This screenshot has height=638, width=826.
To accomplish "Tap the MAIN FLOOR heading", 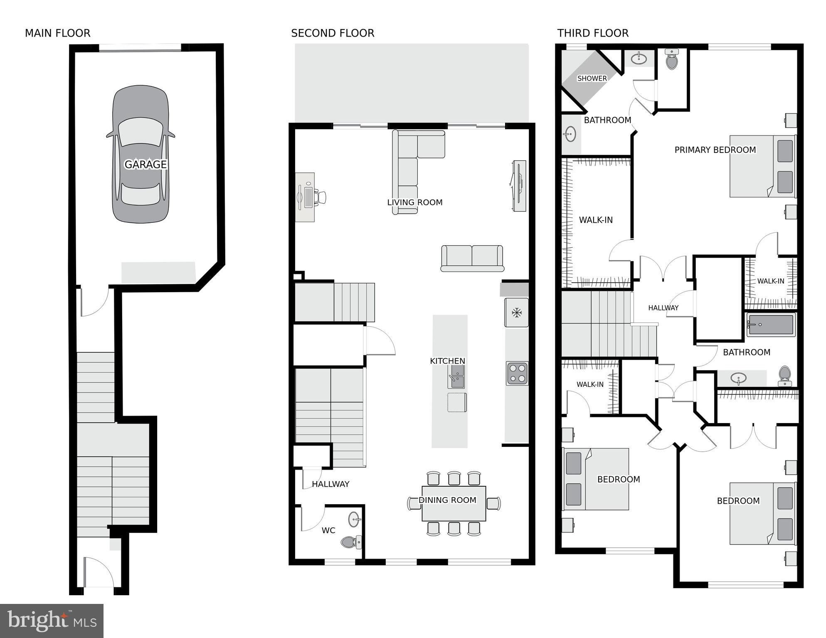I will tap(57, 33).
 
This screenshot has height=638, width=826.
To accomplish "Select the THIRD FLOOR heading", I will tap(592, 33).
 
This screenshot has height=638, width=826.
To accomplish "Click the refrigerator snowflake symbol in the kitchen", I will tap(516, 313).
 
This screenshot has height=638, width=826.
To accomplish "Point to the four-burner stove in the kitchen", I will tap(517, 373).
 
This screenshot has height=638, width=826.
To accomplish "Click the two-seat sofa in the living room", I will tap(472, 258).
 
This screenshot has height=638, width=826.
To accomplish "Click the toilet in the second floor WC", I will tap(350, 542).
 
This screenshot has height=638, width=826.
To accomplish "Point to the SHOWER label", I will tap(592, 78).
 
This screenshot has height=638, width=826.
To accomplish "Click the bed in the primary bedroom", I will tap(762, 166).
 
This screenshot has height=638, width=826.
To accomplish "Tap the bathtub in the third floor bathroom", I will tap(770, 325).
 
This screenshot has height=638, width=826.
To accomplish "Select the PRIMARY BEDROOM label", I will tap(715, 150).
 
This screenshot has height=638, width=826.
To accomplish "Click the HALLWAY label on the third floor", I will tap(663, 308).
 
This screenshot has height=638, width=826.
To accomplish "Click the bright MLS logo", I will tap(52, 621).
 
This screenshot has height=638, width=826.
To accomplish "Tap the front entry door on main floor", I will tap(99, 573).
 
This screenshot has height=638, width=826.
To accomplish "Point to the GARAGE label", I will tap(145, 165).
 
